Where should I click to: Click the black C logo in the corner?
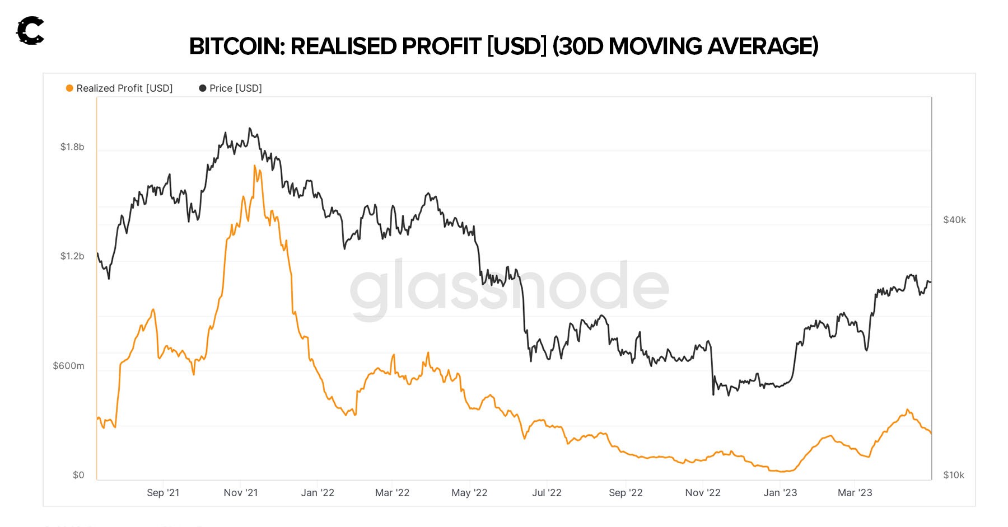point(30,31)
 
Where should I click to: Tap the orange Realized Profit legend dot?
point(69,88)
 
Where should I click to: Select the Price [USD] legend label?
point(235,88)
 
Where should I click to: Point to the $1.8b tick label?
point(72,147)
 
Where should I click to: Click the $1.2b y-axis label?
point(72,256)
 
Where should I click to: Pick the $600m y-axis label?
point(68,366)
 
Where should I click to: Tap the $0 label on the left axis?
point(78,475)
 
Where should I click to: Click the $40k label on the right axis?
point(954,220)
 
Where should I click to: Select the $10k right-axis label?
point(954,475)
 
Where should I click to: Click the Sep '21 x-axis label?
point(163,493)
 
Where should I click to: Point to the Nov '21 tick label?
point(241,493)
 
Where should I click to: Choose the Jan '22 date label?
point(318,493)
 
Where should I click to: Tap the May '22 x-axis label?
point(469,493)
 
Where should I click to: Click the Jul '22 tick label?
point(547,493)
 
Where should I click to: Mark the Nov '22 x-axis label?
point(703,493)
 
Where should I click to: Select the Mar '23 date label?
point(855,493)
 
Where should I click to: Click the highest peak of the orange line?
point(255,166)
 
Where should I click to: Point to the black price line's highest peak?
point(250,128)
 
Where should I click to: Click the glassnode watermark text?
point(509,286)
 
